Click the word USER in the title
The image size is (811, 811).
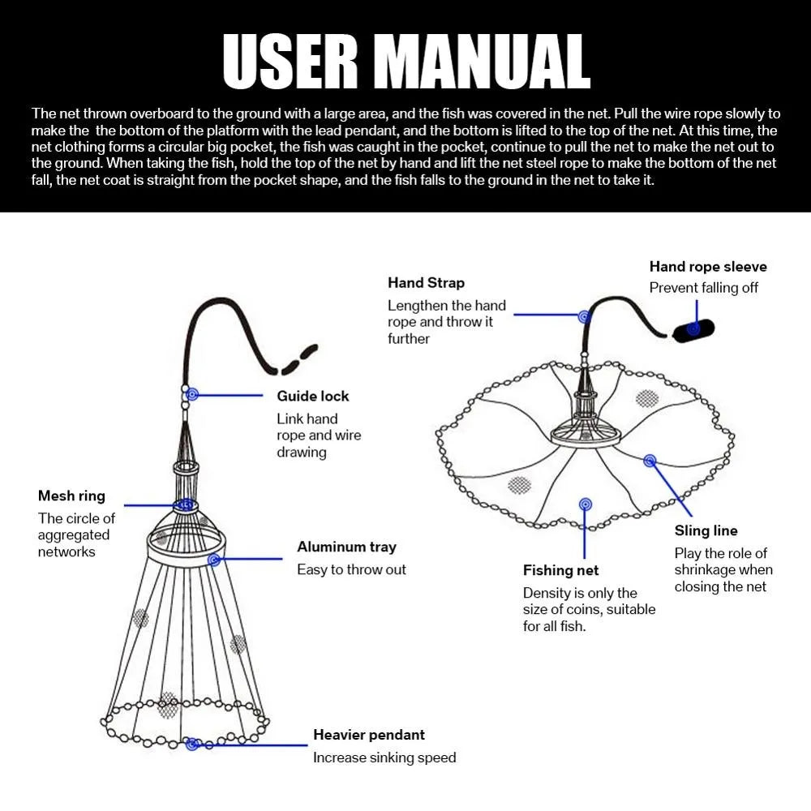290,62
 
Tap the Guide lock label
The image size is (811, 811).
313,396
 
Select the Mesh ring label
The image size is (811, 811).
71,496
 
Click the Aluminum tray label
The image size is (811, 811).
346,547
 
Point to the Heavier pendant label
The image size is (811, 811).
369,735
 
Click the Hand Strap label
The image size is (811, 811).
426,283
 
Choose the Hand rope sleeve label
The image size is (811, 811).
707,267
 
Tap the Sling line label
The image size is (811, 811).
706,530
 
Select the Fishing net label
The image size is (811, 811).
560,571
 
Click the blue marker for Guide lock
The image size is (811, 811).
192,395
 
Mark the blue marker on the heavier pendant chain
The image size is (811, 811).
192,744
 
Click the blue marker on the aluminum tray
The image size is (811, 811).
214,560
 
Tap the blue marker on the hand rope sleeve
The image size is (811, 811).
694,328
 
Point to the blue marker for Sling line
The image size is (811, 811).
650,461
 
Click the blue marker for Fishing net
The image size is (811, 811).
585,504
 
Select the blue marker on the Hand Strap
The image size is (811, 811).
583,315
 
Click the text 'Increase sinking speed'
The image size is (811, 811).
384,757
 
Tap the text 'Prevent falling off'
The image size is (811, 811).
703,288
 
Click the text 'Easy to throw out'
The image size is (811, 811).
351,569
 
